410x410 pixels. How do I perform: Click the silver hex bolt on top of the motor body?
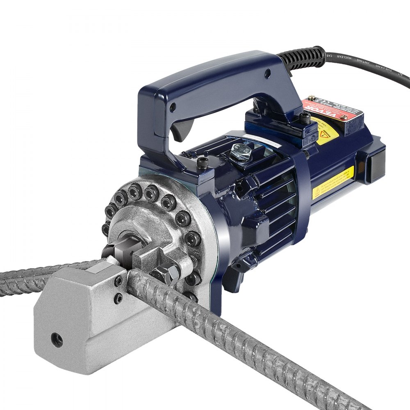(x=241, y=152)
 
